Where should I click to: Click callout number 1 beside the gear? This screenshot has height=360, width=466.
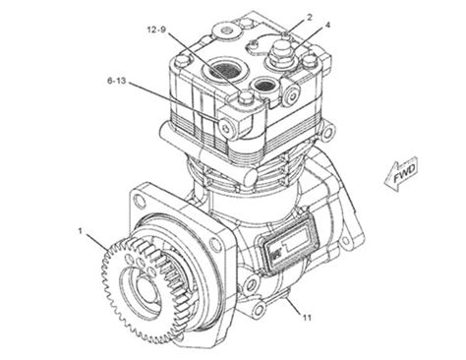click(x=80, y=231)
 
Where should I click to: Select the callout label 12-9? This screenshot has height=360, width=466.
click(x=156, y=30)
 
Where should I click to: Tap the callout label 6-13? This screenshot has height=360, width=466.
click(x=117, y=81)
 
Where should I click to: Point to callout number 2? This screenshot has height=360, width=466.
click(x=310, y=18)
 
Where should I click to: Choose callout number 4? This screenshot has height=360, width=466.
click(x=327, y=25)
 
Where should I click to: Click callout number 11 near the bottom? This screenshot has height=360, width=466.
click(x=307, y=318)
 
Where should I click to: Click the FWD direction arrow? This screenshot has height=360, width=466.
click(x=401, y=174)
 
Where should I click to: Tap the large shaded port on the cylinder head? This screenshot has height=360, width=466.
click(x=222, y=70)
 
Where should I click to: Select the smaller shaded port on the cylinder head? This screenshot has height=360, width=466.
click(x=264, y=86)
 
